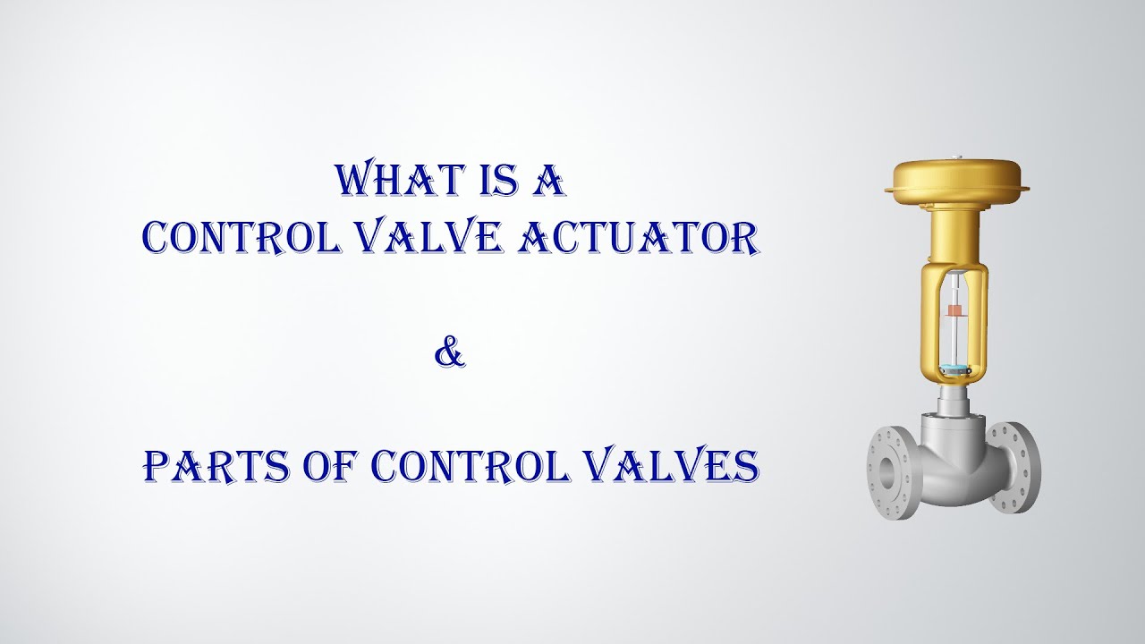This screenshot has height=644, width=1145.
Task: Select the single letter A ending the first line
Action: coord(548,180)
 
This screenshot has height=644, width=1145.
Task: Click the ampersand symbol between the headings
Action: coord(450,353)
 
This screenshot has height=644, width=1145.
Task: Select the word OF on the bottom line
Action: coord(335,465)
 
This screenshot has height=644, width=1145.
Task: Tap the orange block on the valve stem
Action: coord(955,310)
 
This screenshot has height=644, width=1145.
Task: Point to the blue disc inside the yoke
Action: coord(955,368)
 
